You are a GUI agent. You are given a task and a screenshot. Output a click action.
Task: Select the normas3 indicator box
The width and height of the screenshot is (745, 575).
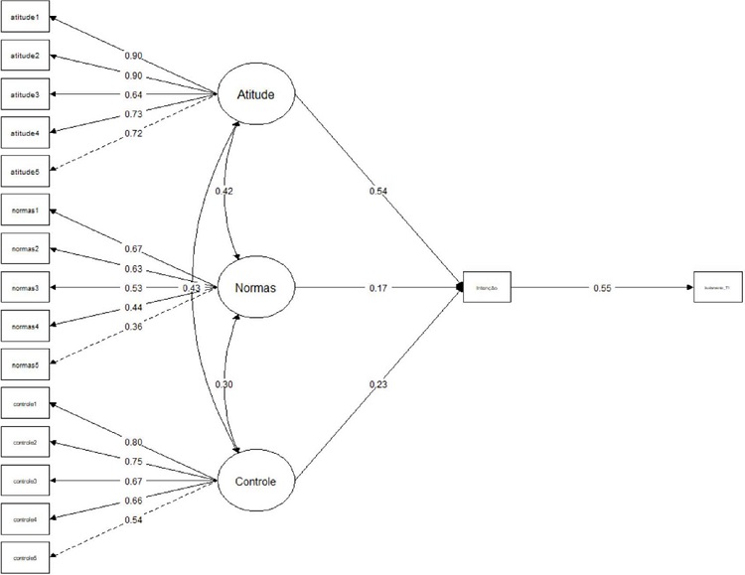pos(24,289)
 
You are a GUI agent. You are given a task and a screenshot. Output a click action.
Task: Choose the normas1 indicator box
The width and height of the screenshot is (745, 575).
pos(24,213)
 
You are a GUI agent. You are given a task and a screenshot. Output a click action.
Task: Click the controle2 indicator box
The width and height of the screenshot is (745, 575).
pos(24,443)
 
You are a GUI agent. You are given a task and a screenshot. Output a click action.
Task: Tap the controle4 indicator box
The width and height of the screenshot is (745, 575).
pos(24,518)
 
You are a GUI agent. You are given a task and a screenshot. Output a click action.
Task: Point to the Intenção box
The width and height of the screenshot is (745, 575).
pos(486,288)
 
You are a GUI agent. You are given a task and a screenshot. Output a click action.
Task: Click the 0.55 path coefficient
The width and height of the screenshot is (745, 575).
pos(601,288)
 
